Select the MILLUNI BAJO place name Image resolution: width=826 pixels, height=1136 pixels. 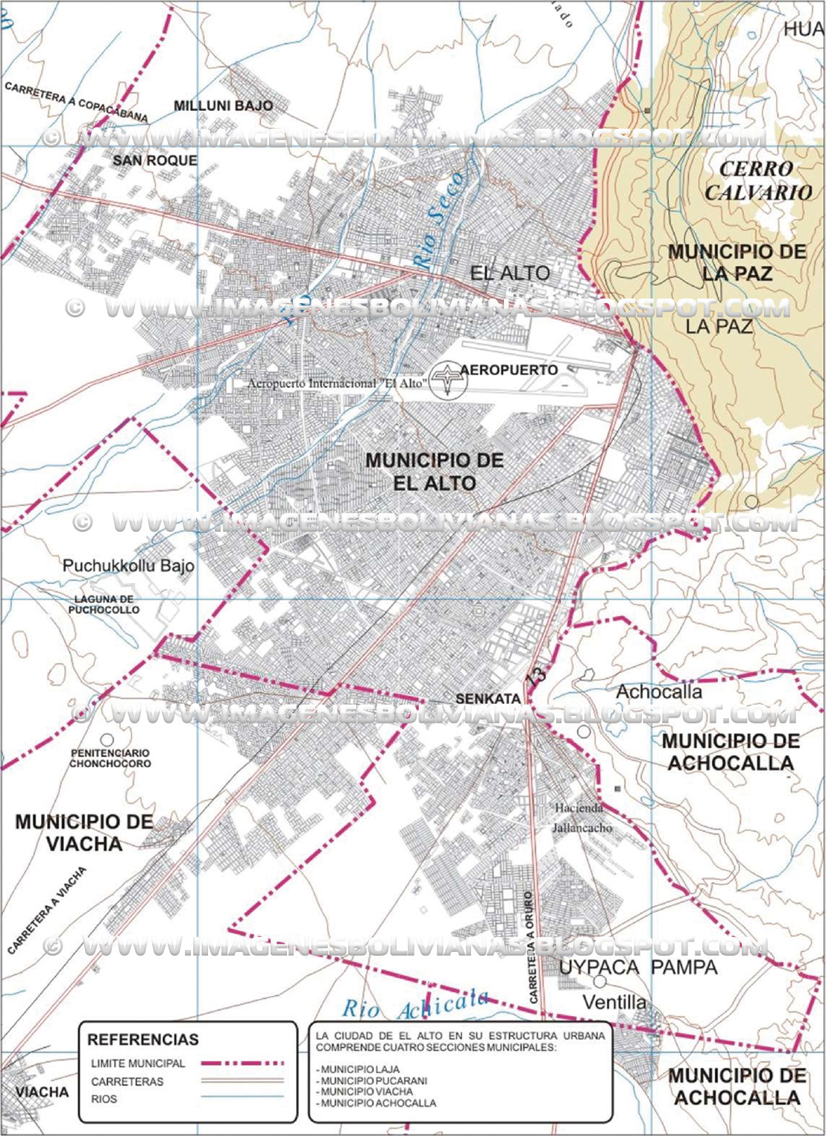pyautogui.click(x=223, y=106)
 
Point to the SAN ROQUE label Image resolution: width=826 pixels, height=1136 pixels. pyautogui.click(x=155, y=160)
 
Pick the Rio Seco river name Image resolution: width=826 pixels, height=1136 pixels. pyautogui.click(x=439, y=220)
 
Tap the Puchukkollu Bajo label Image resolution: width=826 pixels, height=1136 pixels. pyautogui.click(x=128, y=565)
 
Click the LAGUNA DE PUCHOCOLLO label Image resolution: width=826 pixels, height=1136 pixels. pyautogui.click(x=104, y=604)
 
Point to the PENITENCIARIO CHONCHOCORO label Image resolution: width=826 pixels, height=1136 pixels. pyautogui.click(x=110, y=758)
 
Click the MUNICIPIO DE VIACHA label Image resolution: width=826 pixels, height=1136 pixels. pyautogui.click(x=83, y=833)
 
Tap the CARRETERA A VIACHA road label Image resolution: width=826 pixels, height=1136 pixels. pyautogui.click(x=47, y=910)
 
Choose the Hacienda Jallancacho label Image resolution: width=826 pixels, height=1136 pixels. pyautogui.click(x=582, y=817)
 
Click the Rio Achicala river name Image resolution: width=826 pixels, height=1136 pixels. pyautogui.click(x=415, y=1006)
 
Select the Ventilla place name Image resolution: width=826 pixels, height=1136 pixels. pyautogui.click(x=614, y=1002)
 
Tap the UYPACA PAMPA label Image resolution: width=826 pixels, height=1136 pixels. pyautogui.click(x=637, y=967)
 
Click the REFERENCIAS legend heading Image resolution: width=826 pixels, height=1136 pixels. pyautogui.click(x=143, y=1039)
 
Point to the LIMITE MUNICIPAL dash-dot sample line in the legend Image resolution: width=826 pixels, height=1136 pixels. pyautogui.click(x=242, y=1064)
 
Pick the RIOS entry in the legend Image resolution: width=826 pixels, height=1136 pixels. pyautogui.click(x=104, y=1099)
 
